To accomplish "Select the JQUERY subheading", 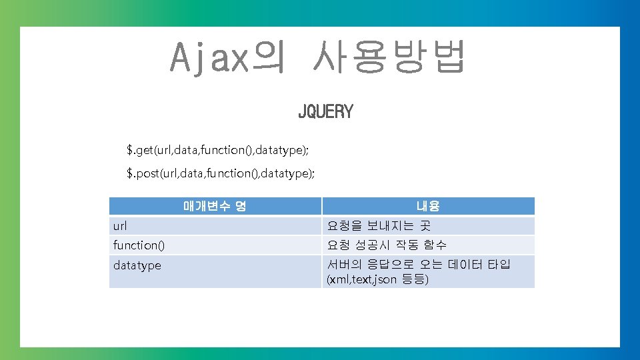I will [325, 112].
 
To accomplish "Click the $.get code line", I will [217, 149].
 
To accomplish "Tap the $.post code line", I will [220, 173].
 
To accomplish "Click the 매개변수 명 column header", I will [215, 206].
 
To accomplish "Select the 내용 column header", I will [427, 207].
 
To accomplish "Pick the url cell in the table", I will [120, 226].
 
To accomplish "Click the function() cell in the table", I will [139, 245].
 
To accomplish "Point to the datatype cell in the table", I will [137, 265].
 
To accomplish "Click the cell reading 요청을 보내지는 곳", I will [379, 226].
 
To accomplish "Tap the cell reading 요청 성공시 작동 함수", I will [387, 245].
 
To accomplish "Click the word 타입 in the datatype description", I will [499, 265].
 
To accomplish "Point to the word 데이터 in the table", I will [465, 265].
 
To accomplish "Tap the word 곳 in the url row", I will [425, 226].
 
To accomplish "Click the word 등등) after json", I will [414, 279].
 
